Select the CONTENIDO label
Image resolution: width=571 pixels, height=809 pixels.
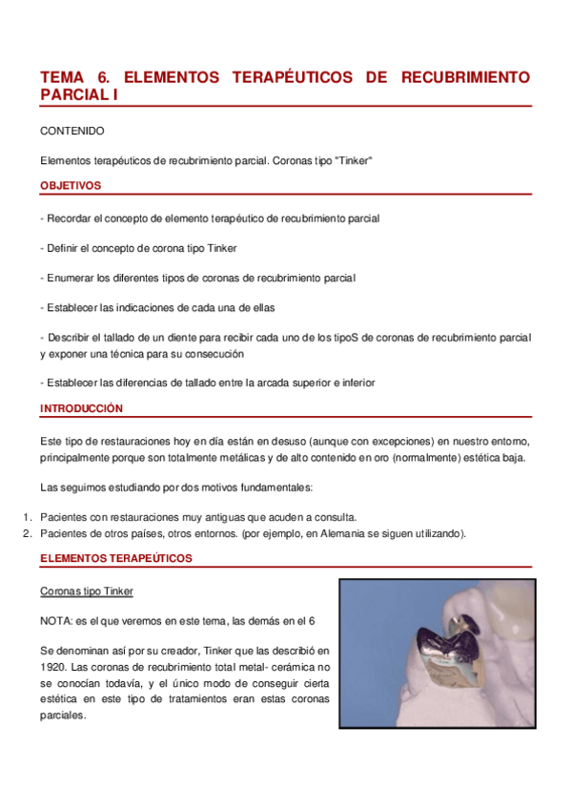point(72,131)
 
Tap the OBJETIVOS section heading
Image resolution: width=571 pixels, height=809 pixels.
point(71,185)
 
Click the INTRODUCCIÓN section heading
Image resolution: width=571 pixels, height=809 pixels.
point(81,407)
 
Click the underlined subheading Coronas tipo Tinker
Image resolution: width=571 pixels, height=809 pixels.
point(87,591)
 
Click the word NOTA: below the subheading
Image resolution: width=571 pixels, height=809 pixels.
point(56,621)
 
